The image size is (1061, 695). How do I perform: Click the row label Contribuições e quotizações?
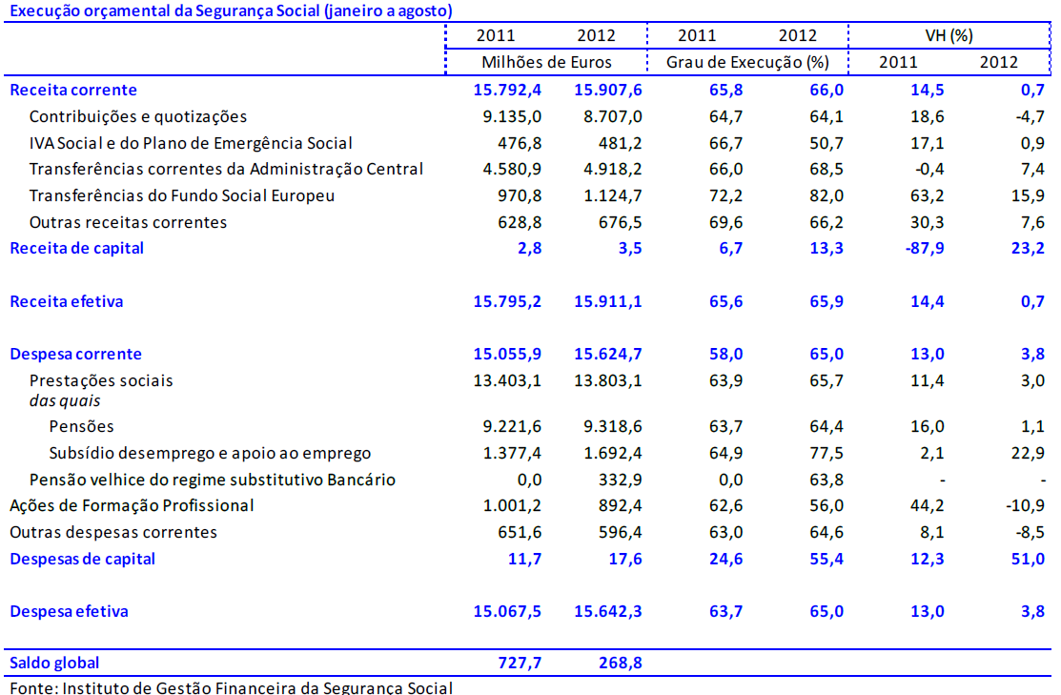138,116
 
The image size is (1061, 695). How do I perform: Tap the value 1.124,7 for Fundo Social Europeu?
608,195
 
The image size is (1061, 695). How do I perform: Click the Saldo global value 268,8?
619,663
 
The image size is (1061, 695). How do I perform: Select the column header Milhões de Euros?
546,62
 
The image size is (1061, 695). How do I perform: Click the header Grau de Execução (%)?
746,62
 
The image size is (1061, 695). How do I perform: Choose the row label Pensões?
81,426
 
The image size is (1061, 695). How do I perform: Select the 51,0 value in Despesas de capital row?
1025,559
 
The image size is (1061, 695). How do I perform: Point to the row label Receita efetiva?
67,301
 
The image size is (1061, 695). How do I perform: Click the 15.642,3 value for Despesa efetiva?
608,611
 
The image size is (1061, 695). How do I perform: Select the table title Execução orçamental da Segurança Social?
230,11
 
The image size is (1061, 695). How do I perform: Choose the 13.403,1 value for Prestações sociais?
507,380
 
